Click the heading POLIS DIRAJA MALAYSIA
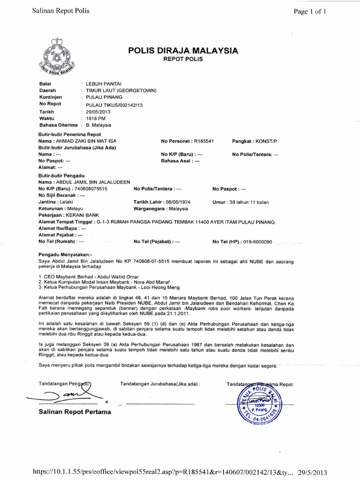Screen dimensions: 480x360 click(183, 51)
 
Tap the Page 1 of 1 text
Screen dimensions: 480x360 click(310, 12)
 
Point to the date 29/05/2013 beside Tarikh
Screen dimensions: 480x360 click(98, 112)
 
